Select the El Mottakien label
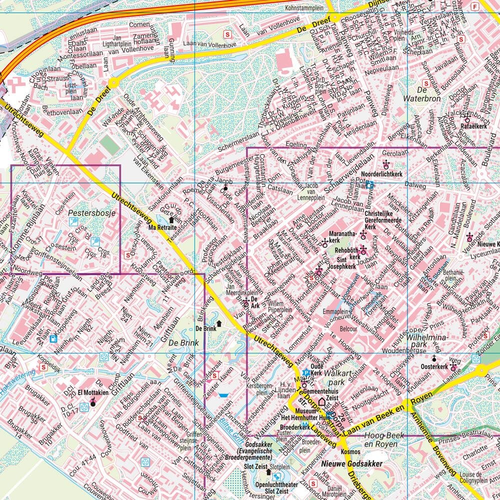(x=93, y=393)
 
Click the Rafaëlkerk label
(x=474, y=126)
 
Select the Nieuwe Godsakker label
(x=352, y=464)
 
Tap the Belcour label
(x=348, y=329)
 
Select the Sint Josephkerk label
(x=342, y=267)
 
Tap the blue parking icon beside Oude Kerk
(x=305, y=372)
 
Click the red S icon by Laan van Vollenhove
(x=229, y=34)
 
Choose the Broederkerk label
(x=295, y=427)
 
